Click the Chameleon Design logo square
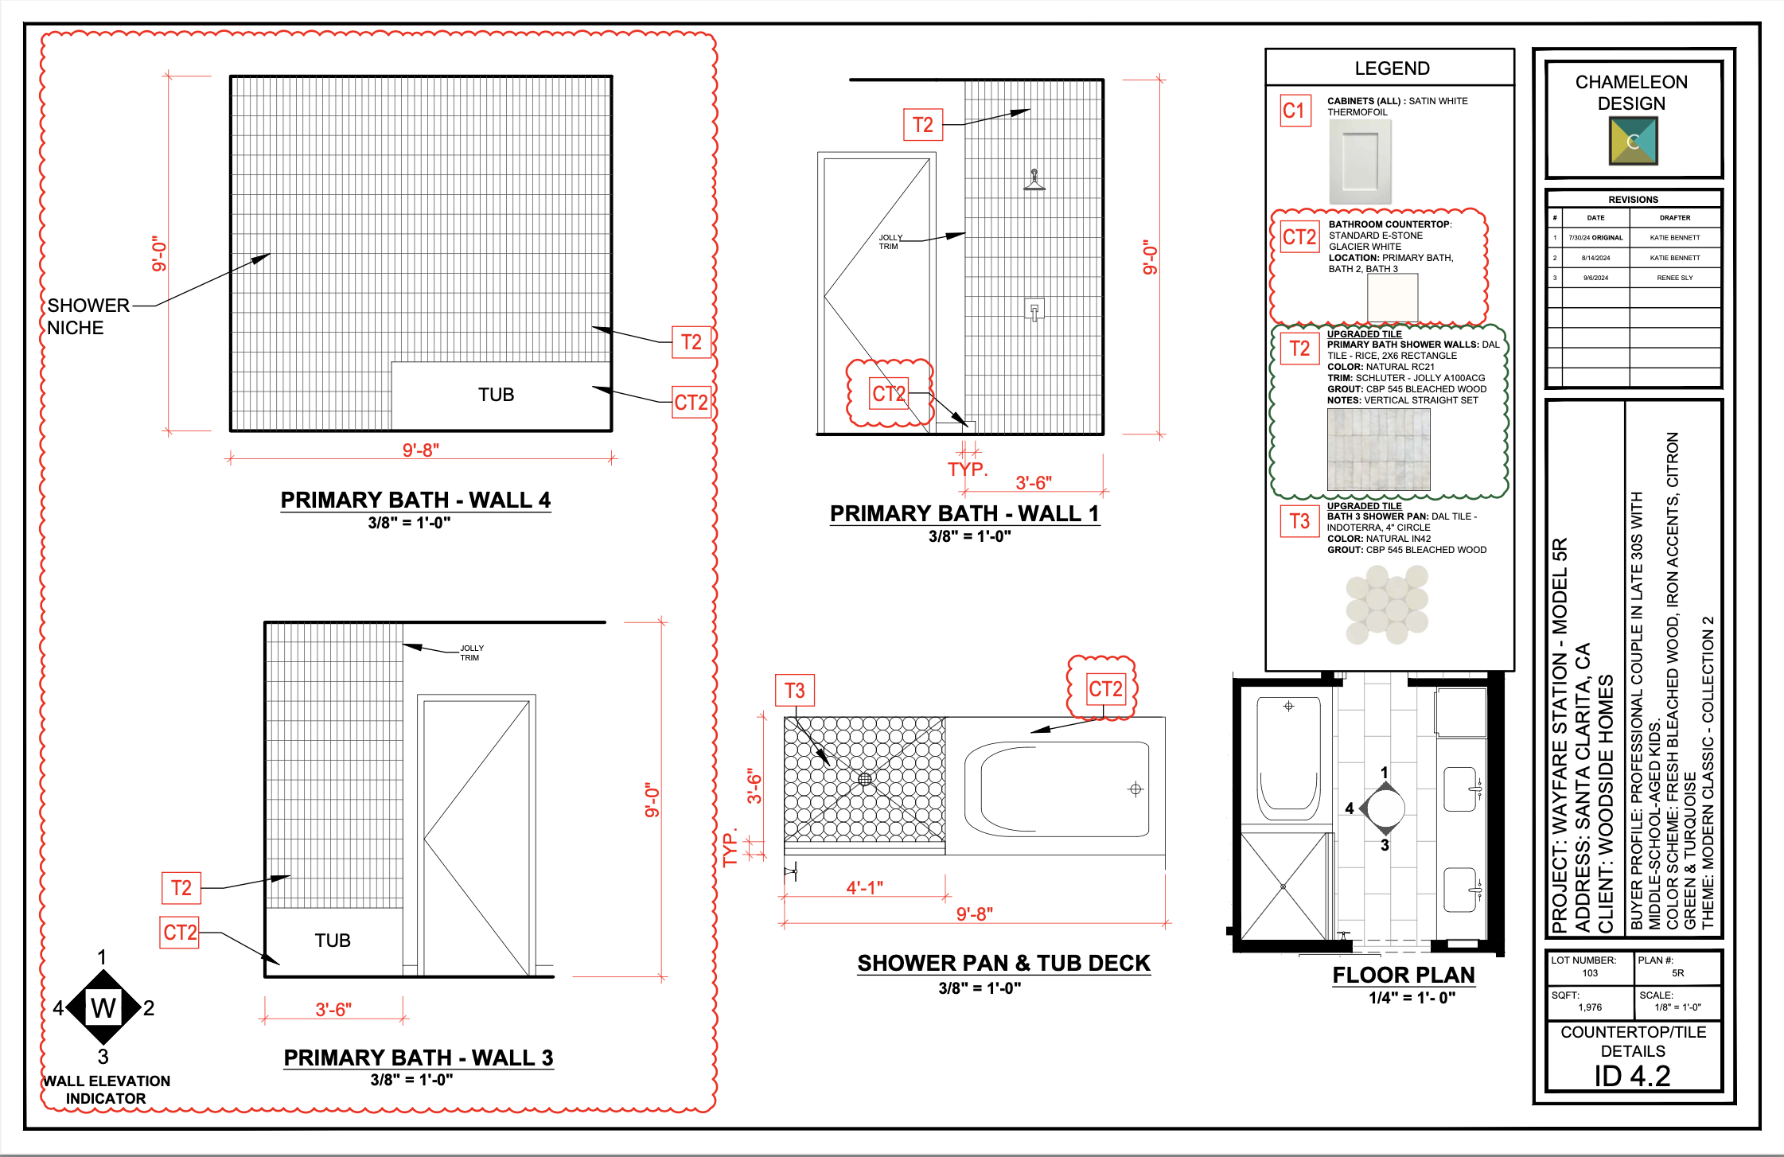pyautogui.click(x=1633, y=141)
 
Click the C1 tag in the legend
pyautogui.click(x=1295, y=111)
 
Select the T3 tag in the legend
pyautogui.click(x=1299, y=521)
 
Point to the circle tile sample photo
pyautogui.click(x=1387, y=605)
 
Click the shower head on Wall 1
pyautogui.click(x=1034, y=181)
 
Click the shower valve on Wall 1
pyautogui.click(x=1034, y=310)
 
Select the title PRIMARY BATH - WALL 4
pyautogui.click(x=415, y=500)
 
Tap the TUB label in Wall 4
pyautogui.click(x=496, y=395)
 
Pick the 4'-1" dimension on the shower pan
pyautogui.click(x=864, y=887)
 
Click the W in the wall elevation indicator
pyautogui.click(x=103, y=1008)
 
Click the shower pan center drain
pyautogui.click(x=865, y=779)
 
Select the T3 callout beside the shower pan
pyautogui.click(x=794, y=691)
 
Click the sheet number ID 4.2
pyautogui.click(x=1632, y=1076)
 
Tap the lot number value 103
pyautogui.click(x=1589, y=973)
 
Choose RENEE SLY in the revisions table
pyautogui.click(x=1674, y=278)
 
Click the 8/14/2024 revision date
pyautogui.click(x=1595, y=258)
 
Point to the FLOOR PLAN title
pyautogui.click(x=1403, y=975)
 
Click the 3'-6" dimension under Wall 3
pyautogui.click(x=333, y=1009)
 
